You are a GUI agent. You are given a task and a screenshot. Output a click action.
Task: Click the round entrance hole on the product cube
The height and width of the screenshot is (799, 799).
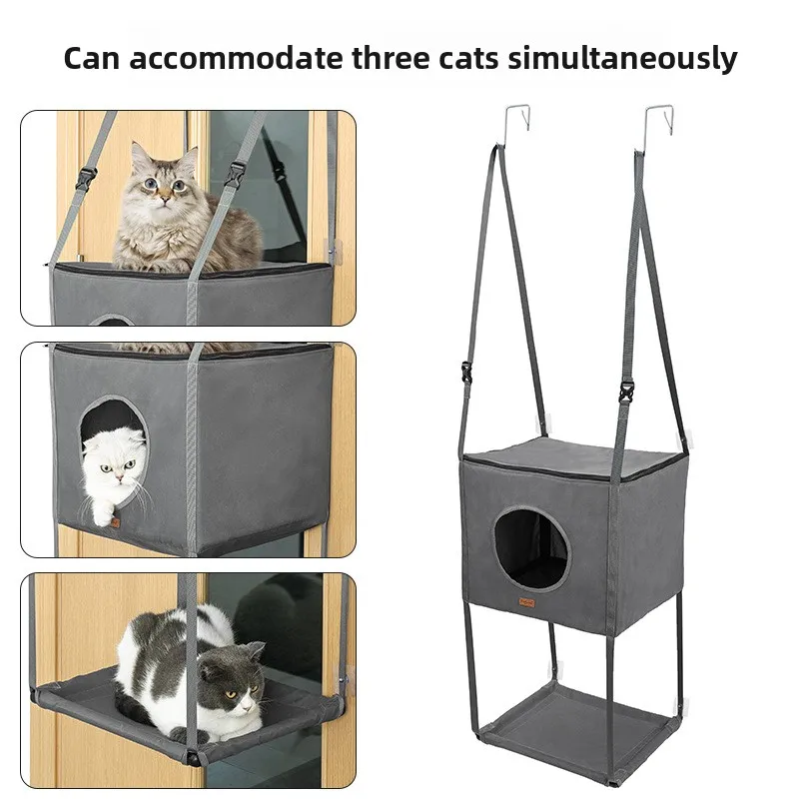530,548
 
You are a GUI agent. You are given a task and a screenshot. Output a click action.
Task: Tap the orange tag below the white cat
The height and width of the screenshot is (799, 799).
116,523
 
